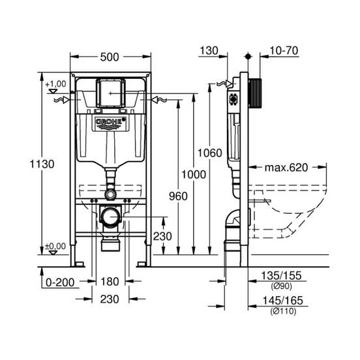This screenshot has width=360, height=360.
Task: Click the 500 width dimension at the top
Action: click(x=110, y=57)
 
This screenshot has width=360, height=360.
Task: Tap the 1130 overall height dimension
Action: click(x=42, y=164)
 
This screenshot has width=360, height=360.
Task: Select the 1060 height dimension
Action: click(x=210, y=153)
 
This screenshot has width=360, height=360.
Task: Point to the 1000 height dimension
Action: click(x=194, y=175)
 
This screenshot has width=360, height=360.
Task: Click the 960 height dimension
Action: click(x=178, y=196)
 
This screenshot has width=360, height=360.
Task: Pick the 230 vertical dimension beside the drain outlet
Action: click(x=162, y=236)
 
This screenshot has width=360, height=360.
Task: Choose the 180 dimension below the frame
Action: click(x=110, y=282)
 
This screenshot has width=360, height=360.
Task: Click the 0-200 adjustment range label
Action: click(x=60, y=282)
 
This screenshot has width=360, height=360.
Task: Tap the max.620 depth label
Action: click(x=286, y=168)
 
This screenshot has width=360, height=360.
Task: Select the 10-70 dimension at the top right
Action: click(x=284, y=50)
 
